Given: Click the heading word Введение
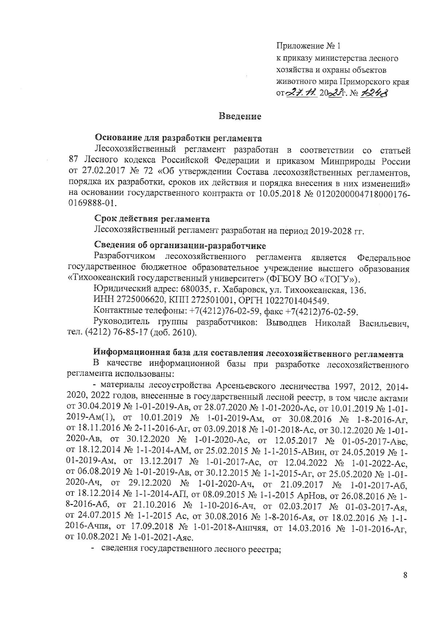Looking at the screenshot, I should tap(240, 117).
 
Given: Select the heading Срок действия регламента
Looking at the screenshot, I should tap(152, 219).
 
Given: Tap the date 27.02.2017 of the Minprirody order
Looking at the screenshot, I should tap(98, 171).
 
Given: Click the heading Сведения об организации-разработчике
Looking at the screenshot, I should tap(180, 245).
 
